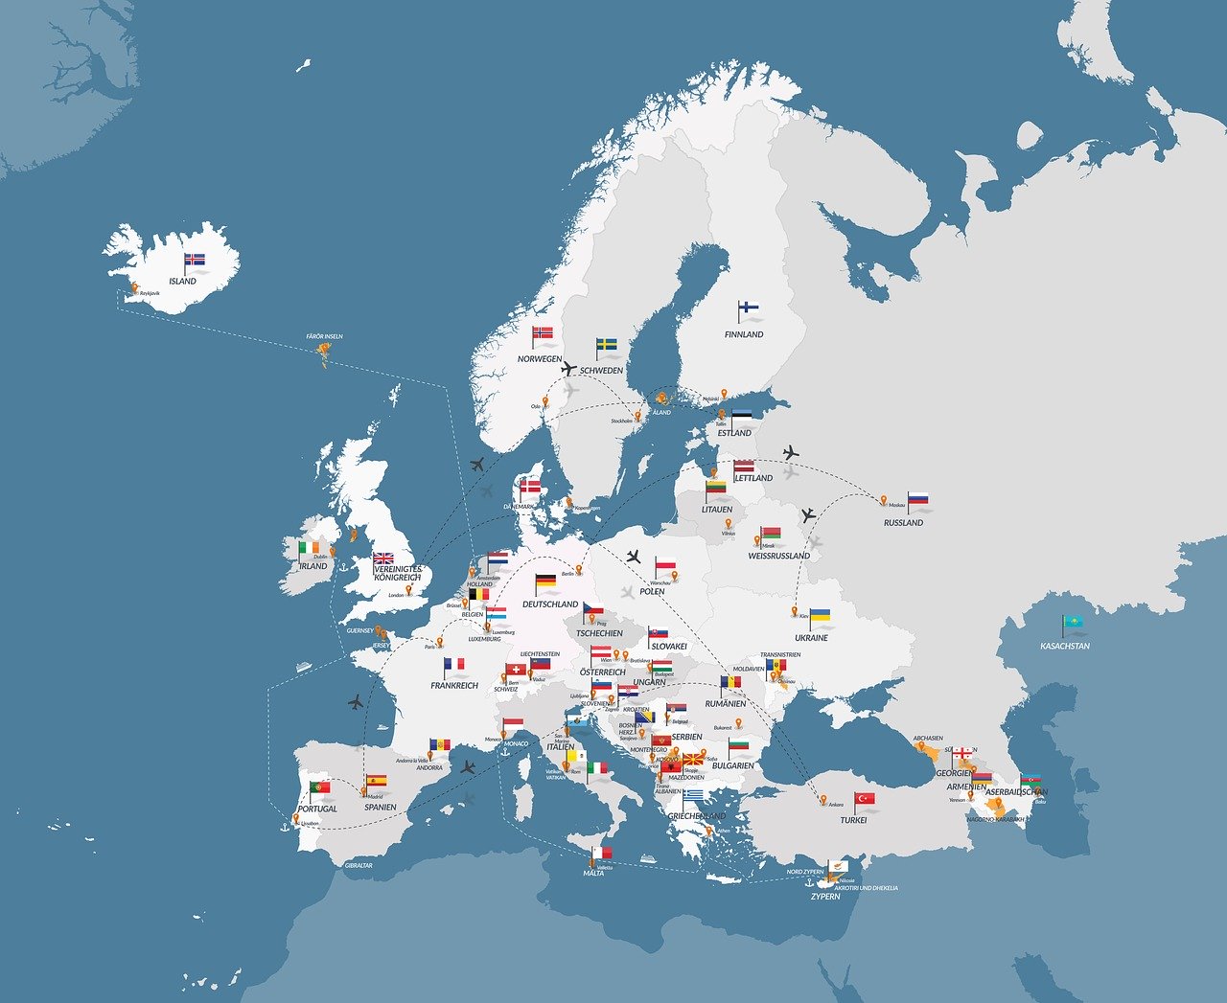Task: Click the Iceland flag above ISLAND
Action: pyautogui.click(x=196, y=259)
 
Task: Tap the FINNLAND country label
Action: pyautogui.click(x=744, y=334)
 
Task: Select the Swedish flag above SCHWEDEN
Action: pyautogui.click(x=607, y=344)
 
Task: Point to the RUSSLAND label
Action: pyautogui.click(x=903, y=523)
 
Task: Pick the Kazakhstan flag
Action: pyautogui.click(x=1073, y=624)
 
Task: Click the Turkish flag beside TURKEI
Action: pyautogui.click(x=865, y=798)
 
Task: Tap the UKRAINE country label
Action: pyautogui.click(x=811, y=638)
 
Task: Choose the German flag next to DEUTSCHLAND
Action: pyautogui.click(x=545, y=581)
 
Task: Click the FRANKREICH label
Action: pyautogui.click(x=454, y=686)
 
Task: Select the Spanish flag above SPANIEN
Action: pyautogui.click(x=376, y=781)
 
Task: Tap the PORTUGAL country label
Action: pyautogui.click(x=317, y=809)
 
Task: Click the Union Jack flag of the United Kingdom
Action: pyautogui.click(x=383, y=558)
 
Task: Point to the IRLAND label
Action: pyautogui.click(x=313, y=566)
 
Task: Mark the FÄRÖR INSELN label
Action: pyautogui.click(x=324, y=337)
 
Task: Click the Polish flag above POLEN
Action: pyautogui.click(x=666, y=564)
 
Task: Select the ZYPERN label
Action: pyautogui.click(x=825, y=897)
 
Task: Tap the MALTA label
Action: pyautogui.click(x=593, y=874)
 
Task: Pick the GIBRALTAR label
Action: pyautogui.click(x=359, y=865)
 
